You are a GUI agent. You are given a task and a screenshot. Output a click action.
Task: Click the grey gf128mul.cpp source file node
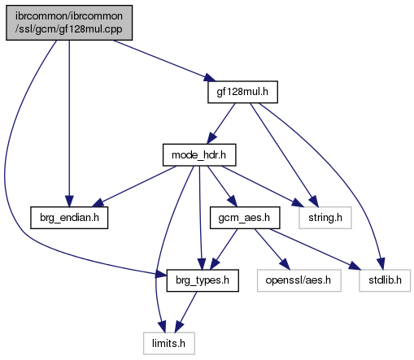click(x=69, y=23)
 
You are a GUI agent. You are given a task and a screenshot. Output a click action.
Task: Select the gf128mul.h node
click(x=242, y=92)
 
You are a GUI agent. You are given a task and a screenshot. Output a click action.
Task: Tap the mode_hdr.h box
click(x=199, y=155)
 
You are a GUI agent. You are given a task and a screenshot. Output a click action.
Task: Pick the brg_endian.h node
click(x=69, y=218)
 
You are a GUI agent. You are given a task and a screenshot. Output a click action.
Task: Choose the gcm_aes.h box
click(x=245, y=218)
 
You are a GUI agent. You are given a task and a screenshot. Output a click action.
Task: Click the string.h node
click(x=325, y=218)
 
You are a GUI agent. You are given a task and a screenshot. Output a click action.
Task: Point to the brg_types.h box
click(x=203, y=280)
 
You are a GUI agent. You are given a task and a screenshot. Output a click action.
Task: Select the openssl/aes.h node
click(x=299, y=280)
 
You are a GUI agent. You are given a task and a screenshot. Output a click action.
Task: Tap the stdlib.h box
click(x=385, y=280)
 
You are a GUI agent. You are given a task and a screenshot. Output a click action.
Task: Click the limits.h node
click(x=169, y=344)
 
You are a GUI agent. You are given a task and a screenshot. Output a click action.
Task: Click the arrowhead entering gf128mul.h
click(x=209, y=77)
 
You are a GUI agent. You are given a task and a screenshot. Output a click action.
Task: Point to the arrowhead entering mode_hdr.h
click(x=212, y=138)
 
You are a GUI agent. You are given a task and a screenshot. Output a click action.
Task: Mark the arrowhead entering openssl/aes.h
click(x=284, y=264)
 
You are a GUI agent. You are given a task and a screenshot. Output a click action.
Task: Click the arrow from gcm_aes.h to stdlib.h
click(x=316, y=249)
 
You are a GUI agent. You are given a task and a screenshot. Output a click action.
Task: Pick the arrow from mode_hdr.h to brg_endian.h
click(x=135, y=186)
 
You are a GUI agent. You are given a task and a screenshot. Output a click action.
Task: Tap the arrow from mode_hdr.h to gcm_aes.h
click(x=222, y=186)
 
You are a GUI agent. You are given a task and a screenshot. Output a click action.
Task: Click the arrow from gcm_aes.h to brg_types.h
click(x=224, y=249)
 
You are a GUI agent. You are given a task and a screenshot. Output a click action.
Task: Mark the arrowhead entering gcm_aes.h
click(x=232, y=202)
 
